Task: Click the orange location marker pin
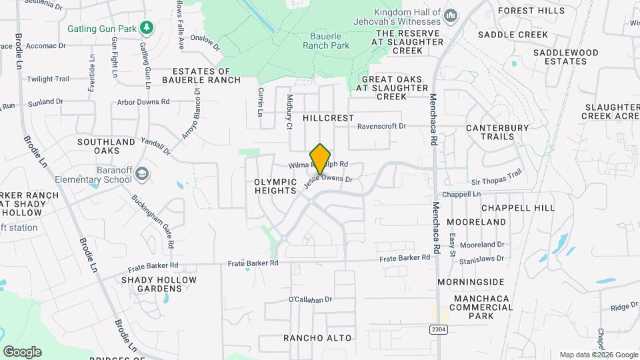coord(321,158)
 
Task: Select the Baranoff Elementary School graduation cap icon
coord(141,174)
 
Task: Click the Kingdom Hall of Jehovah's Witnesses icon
coord(451,15)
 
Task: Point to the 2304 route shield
coord(437,329)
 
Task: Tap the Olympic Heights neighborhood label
coord(275,186)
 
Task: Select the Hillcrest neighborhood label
coord(328,118)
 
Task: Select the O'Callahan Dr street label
coord(310,299)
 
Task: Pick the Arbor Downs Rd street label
coord(143,102)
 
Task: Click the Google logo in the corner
coord(22,352)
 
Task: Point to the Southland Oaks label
coord(107,147)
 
